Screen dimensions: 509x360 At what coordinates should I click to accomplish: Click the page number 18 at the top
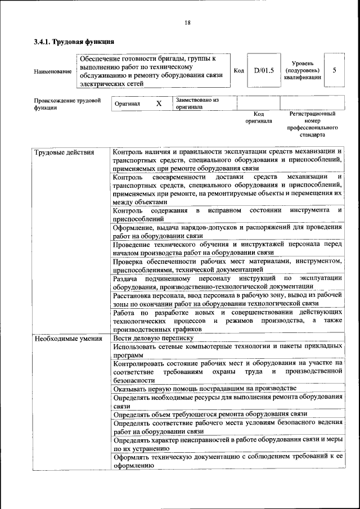coord(187,22)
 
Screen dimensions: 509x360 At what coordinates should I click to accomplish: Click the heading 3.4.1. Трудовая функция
coord(74,42)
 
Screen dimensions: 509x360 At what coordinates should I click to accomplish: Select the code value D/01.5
coord(263,71)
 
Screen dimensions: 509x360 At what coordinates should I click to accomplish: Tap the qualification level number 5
coord(335,71)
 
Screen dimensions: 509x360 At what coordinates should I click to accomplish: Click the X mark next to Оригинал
coord(159,104)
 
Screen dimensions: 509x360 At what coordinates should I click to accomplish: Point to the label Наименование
coord(52,71)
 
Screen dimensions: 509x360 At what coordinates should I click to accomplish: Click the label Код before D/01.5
coord(238,71)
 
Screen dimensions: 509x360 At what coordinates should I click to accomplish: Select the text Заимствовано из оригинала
coord(197,103)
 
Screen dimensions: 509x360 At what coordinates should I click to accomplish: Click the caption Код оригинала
coord(258,117)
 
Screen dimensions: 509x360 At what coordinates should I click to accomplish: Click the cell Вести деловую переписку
coord(153,339)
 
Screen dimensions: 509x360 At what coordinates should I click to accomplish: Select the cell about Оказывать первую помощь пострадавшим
coord(204,389)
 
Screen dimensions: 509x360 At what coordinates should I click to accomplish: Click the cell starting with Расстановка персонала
coord(227,299)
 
